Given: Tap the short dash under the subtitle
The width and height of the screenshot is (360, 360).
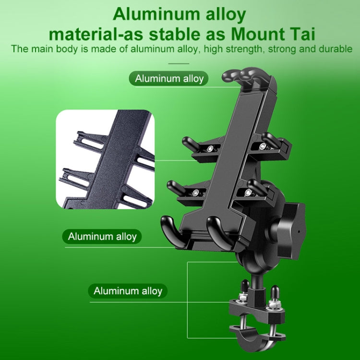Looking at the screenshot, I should tap(180, 63).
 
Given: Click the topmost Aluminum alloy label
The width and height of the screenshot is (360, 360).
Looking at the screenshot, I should tap(169, 79).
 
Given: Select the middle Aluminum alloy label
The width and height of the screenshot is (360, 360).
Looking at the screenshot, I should tap(102, 236).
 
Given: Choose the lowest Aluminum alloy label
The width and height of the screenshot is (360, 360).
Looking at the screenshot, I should tap(128, 291).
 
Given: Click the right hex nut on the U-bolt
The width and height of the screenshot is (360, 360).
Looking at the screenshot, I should tap(274, 303).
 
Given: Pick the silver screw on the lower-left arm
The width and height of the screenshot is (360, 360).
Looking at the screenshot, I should tap(196, 193).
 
